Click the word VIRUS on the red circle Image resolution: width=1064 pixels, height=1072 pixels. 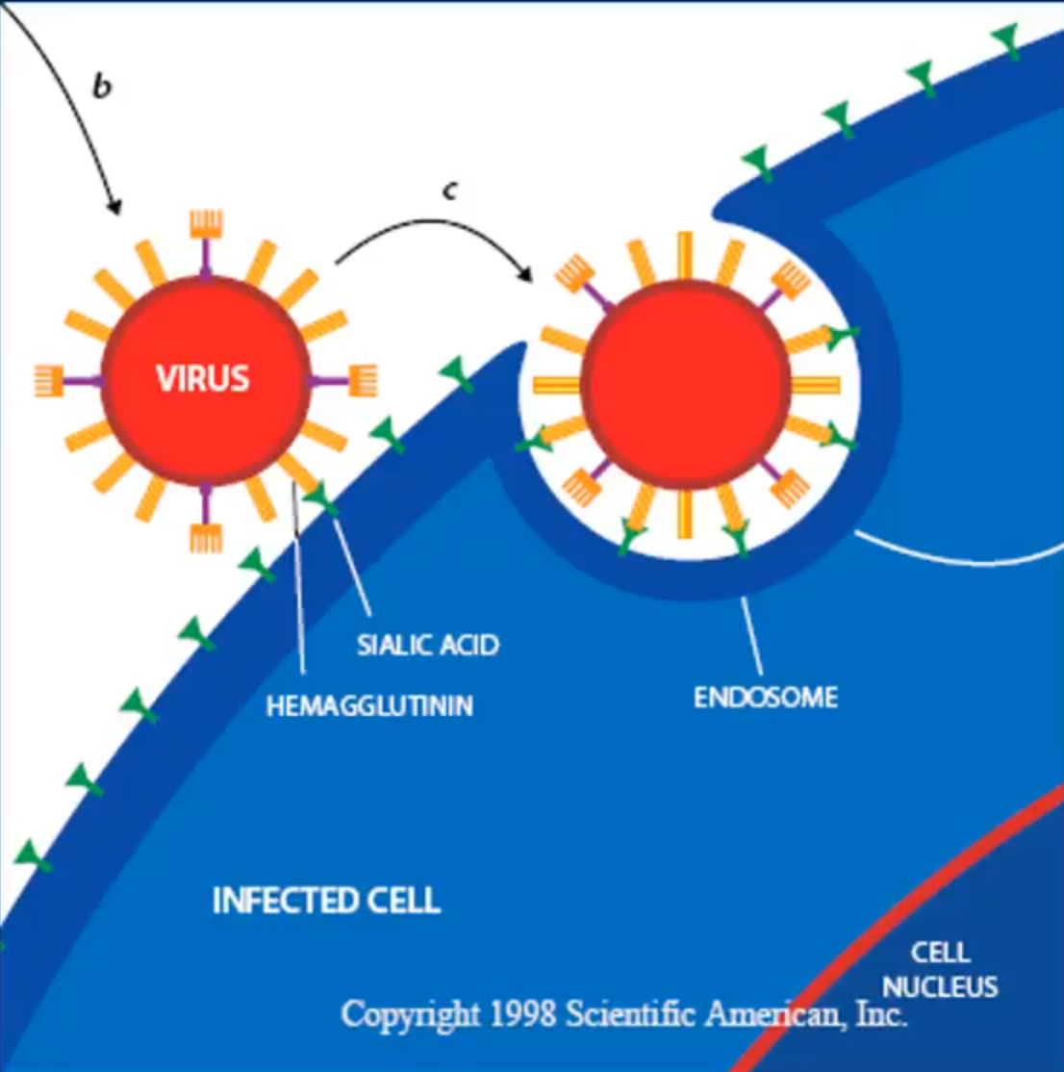tap(203, 378)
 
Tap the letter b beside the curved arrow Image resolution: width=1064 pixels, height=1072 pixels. tap(102, 87)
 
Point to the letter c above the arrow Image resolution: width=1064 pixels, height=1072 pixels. tap(449, 191)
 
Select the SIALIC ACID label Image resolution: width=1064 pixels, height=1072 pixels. tap(428, 645)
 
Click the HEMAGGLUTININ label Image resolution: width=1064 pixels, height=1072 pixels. tap(369, 706)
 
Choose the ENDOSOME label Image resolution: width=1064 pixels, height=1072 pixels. tap(766, 697)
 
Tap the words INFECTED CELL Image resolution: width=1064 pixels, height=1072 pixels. tap(326, 902)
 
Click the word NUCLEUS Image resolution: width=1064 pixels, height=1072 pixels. tap(940, 987)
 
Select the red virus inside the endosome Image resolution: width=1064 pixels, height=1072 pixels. tap(685, 385)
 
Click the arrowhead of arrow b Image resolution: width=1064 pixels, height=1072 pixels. tap(115, 207)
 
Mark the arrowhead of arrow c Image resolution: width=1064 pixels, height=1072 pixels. tap(526, 274)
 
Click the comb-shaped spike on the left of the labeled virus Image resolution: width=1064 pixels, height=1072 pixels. tap(48, 380)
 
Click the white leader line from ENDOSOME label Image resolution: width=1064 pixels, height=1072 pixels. tap(752, 636)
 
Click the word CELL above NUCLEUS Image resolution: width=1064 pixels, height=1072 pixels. tap(940, 954)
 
